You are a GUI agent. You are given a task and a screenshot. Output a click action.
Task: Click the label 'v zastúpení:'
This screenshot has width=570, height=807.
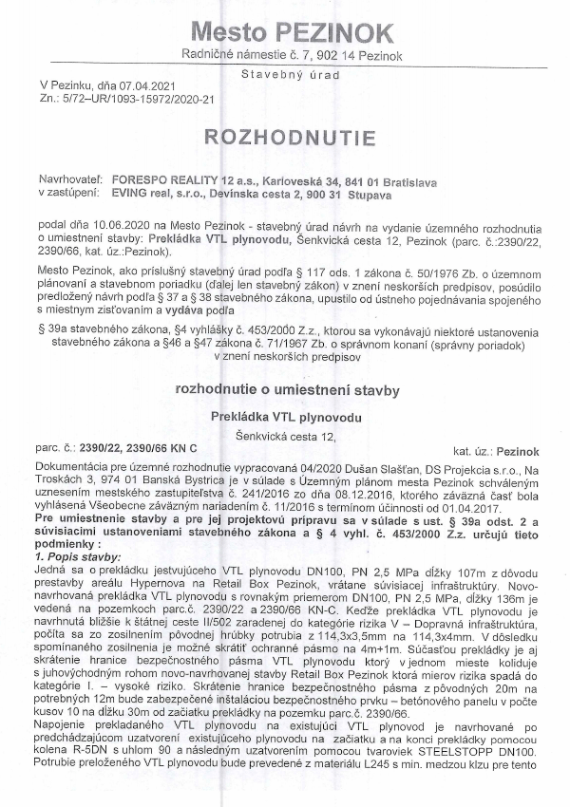click(x=66, y=192)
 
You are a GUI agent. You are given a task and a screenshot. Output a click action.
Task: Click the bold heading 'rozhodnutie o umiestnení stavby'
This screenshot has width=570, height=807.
click(x=286, y=389)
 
